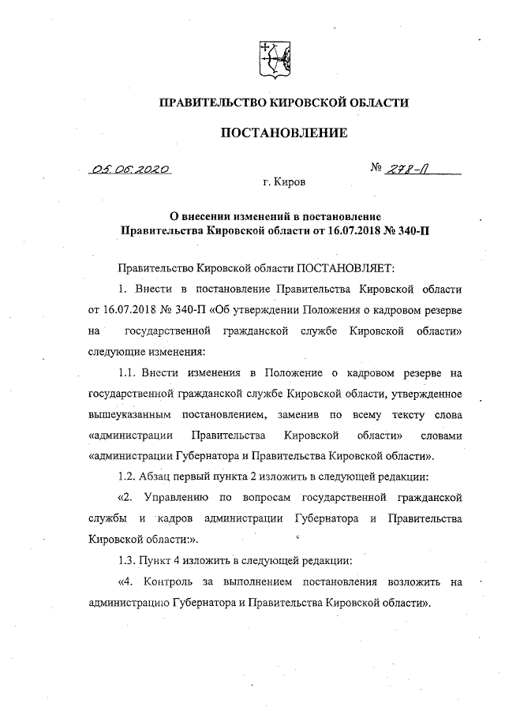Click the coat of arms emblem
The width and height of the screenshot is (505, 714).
tap(272, 60)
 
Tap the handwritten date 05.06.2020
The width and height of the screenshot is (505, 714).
tap(131, 169)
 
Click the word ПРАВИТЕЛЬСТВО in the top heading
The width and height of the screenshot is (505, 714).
tap(211, 103)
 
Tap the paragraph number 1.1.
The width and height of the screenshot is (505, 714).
tap(125, 372)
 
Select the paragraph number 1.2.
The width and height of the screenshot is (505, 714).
tap(125, 477)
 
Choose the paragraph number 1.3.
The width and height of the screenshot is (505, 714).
tap(125, 560)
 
